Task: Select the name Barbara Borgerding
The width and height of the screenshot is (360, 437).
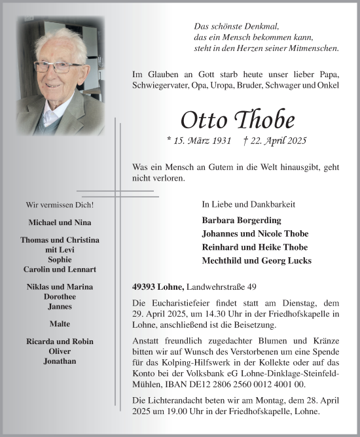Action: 242,220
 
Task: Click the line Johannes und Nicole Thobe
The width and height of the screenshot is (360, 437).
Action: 255,234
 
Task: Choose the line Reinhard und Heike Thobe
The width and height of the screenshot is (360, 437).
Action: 255,247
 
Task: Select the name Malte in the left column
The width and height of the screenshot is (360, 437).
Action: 60,324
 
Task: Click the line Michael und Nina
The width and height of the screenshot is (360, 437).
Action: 60,222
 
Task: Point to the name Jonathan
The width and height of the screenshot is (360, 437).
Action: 60,360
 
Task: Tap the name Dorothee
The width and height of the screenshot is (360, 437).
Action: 60,296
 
